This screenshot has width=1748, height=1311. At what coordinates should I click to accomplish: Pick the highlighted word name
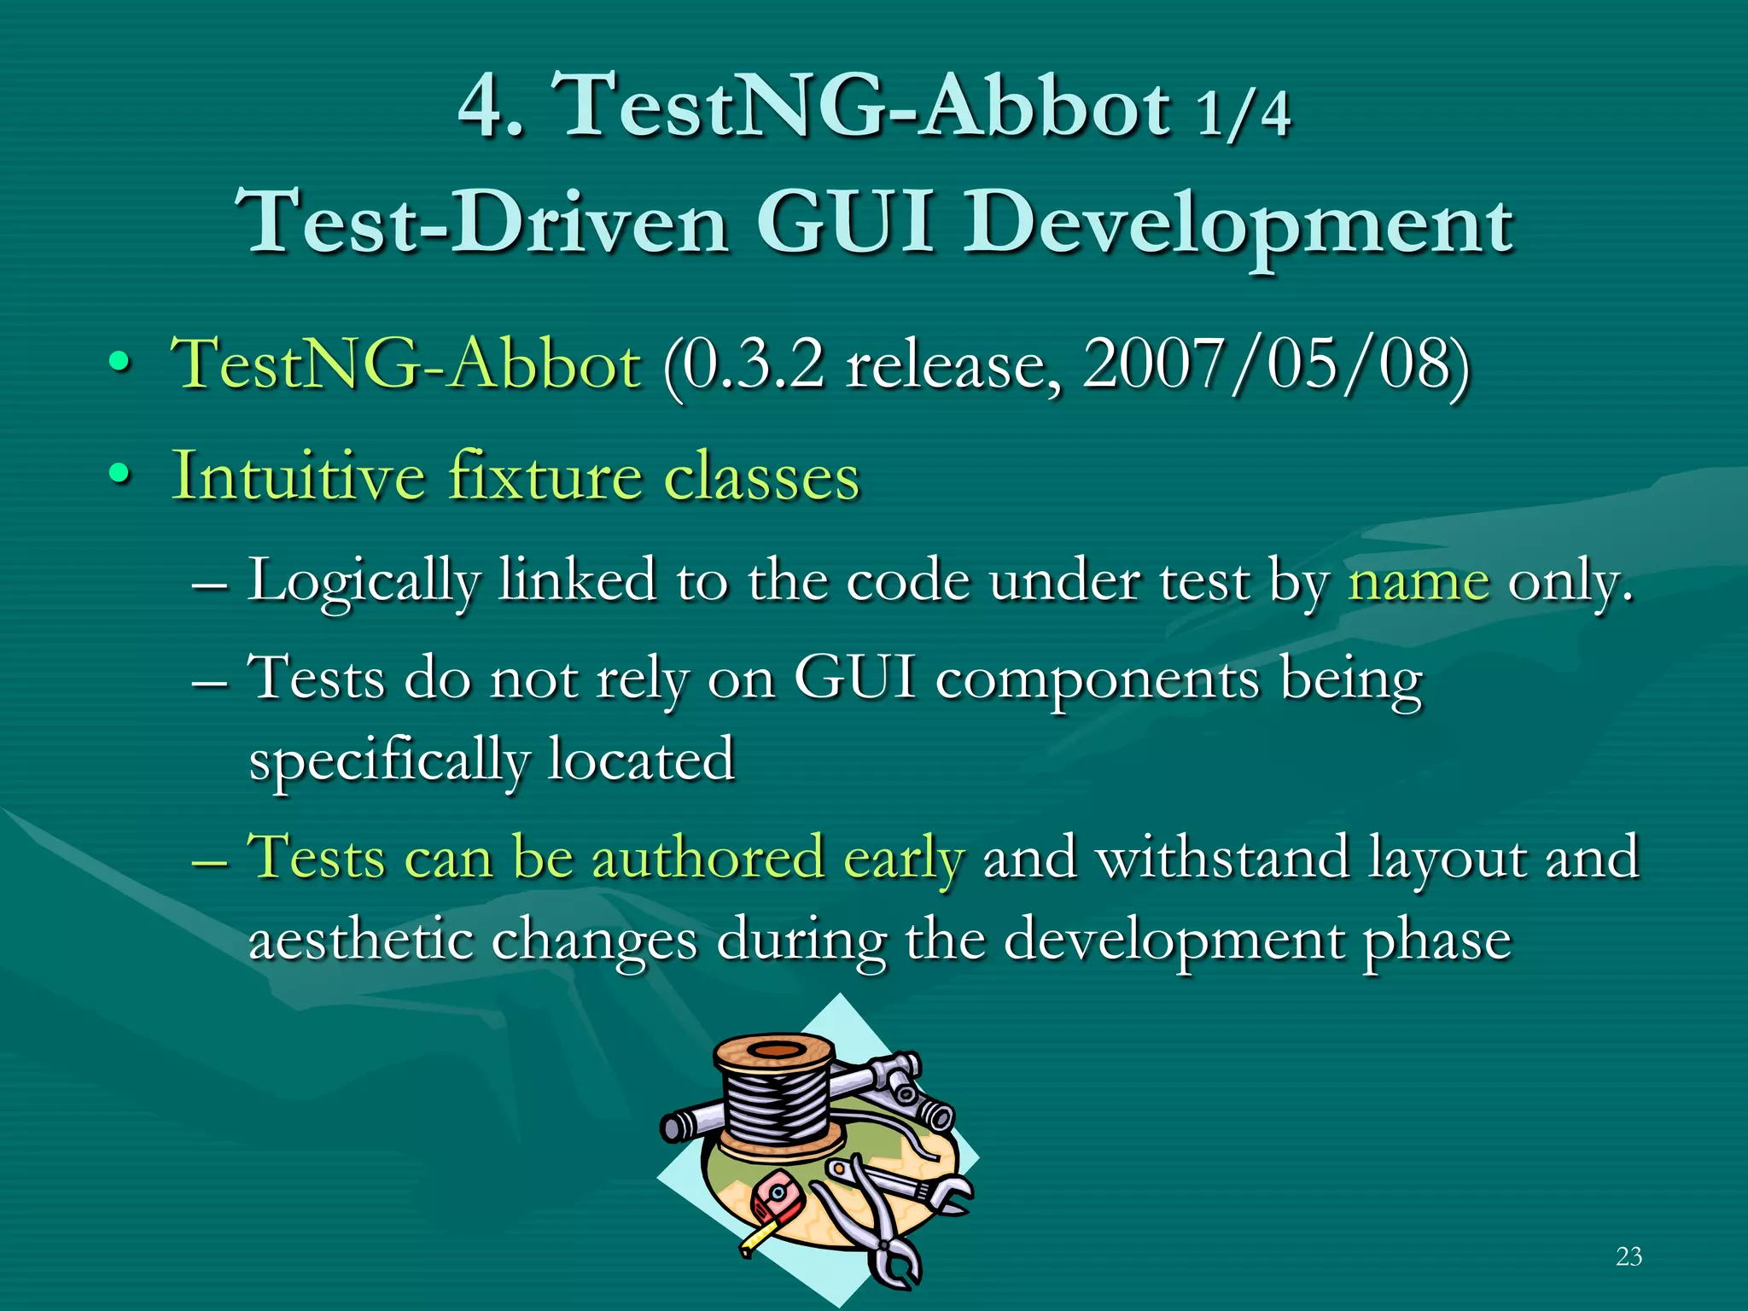point(1418,581)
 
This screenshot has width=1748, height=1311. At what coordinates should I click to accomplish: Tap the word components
point(1097,681)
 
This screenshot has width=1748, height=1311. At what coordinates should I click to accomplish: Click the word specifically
point(388,760)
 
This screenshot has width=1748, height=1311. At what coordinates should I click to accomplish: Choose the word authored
point(708,857)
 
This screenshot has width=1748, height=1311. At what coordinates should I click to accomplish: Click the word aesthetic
point(359,940)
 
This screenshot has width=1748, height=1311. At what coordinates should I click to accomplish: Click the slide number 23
point(1629,1256)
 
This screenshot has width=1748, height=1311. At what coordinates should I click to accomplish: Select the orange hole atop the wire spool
point(774,1050)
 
